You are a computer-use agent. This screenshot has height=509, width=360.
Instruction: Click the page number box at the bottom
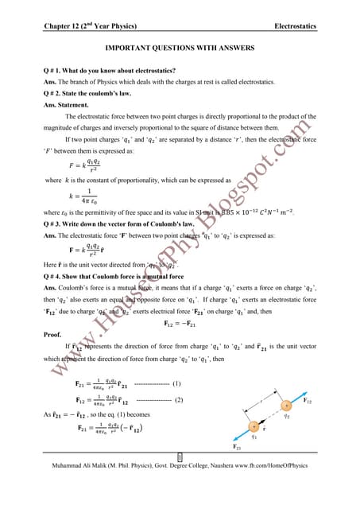pyautogui.click(x=180, y=479)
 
